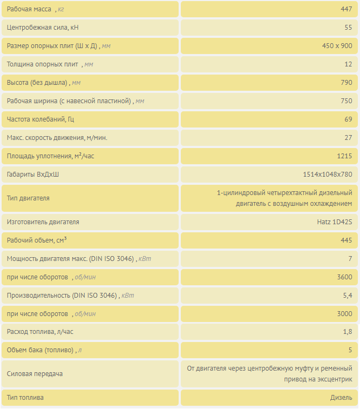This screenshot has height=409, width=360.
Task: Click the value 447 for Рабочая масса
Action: (346, 9)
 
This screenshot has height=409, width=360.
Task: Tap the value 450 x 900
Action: (337, 46)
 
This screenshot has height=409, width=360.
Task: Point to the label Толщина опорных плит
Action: (43, 64)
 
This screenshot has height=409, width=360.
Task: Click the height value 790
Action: (346, 83)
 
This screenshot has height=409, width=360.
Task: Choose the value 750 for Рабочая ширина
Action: (346, 101)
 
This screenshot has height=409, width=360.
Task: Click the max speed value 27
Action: (348, 138)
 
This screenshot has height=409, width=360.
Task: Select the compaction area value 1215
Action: (344, 156)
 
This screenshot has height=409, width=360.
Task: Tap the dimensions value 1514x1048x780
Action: (327, 175)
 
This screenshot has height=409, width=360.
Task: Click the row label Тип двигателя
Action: (28, 198)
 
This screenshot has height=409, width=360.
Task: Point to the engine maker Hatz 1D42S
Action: (335, 222)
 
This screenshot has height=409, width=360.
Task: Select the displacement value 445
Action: (346, 240)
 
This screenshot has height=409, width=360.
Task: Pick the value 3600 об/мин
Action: (344, 277)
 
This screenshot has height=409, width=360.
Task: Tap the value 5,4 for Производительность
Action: (348, 296)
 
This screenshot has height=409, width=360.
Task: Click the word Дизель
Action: (341, 398)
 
